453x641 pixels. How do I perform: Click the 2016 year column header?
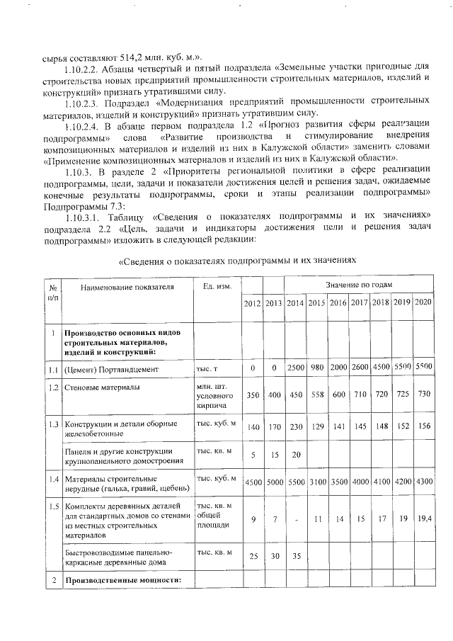click(338, 303)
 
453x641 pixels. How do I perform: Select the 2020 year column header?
click(423, 303)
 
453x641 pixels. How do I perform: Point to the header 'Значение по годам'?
click(359, 284)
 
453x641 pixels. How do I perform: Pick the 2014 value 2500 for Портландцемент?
click(295, 369)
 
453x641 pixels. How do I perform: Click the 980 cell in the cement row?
click(316, 369)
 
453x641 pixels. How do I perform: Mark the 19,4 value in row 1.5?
click(423, 520)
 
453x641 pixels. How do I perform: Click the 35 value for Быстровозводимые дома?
click(295, 557)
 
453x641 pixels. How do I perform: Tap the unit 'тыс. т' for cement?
click(207, 369)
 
